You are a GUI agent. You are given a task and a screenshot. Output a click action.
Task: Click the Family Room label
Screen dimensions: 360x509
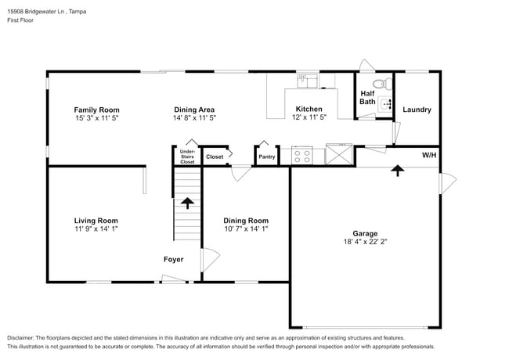[96, 110]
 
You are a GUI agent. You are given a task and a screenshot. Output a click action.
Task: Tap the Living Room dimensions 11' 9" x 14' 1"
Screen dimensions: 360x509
[96, 229]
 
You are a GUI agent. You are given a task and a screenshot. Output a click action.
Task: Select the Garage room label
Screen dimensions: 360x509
[365, 234]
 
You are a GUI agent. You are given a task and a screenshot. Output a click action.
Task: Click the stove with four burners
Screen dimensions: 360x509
[302, 156]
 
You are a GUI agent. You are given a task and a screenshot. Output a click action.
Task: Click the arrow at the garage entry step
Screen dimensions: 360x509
[398, 169]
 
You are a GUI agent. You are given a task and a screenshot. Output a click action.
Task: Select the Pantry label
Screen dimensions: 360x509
[266, 157]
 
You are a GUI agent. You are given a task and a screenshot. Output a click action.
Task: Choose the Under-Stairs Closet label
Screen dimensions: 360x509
[187, 156]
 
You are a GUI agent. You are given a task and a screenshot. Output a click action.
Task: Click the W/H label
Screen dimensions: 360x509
[429, 156]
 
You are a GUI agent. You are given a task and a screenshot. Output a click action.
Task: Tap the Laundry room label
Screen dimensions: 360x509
[417, 110]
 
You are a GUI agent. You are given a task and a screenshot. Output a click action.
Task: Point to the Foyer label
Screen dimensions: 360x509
[173, 259]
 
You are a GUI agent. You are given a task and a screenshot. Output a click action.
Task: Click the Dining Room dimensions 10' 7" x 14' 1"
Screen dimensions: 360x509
[246, 229]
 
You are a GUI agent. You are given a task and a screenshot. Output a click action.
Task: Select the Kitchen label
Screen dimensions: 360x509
[309, 110]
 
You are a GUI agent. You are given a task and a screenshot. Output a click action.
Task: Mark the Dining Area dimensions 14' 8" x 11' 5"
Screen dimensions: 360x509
[194, 118]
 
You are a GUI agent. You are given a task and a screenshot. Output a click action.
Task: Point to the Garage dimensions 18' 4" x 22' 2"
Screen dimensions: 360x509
[365, 243]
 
